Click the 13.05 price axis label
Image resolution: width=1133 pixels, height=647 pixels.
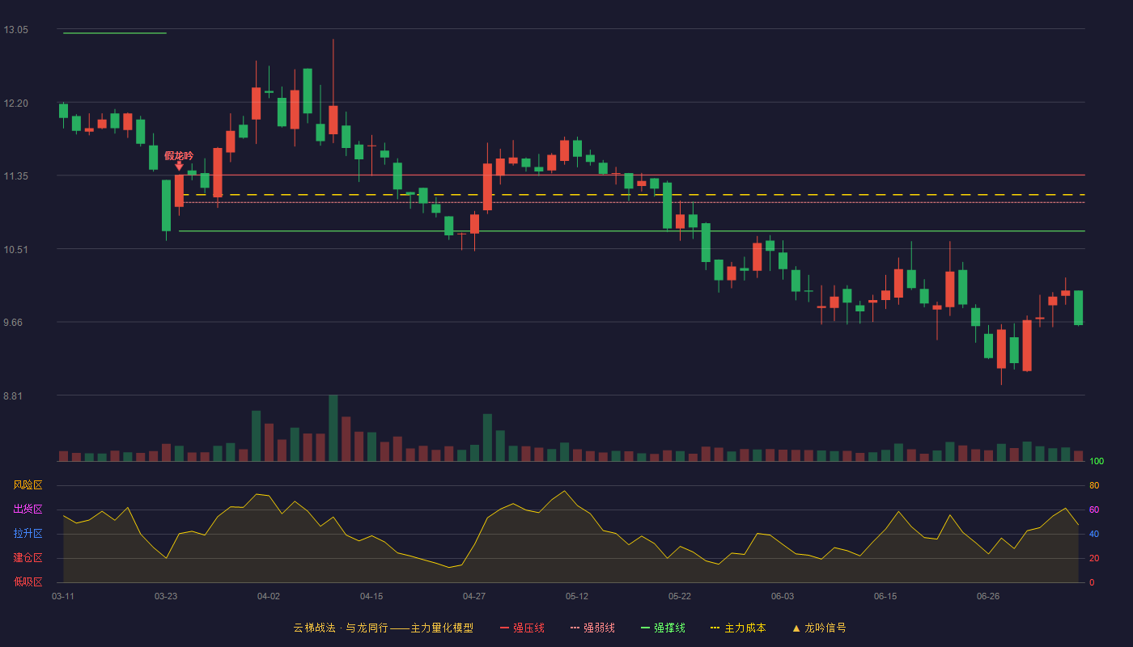pyautogui.click(x=15, y=30)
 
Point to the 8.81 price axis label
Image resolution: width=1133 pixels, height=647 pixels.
pyautogui.click(x=13, y=395)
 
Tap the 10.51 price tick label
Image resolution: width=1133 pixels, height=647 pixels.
pyautogui.click(x=15, y=250)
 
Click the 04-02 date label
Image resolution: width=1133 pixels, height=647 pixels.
pyautogui.click(x=268, y=597)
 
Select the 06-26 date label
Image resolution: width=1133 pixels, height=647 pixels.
pyautogui.click(x=988, y=597)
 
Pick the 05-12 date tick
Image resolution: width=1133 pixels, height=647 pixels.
pyautogui.click(x=576, y=597)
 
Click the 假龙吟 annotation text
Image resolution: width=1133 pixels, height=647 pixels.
pyautogui.click(x=179, y=155)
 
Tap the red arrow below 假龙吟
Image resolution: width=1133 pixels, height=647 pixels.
pyautogui.click(x=179, y=167)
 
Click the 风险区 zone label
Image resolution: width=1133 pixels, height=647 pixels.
pyautogui.click(x=28, y=485)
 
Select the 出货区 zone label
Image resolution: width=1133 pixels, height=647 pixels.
pyautogui.click(x=28, y=509)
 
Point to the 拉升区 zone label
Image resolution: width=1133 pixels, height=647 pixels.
pyautogui.click(x=28, y=533)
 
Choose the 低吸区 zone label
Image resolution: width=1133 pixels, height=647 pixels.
pyautogui.click(x=28, y=581)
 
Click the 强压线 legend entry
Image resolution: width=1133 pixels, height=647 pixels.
pyautogui.click(x=522, y=628)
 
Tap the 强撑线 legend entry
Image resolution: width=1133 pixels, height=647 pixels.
pyautogui.click(x=663, y=628)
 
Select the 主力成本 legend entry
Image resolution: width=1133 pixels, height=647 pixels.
pyautogui.click(x=738, y=628)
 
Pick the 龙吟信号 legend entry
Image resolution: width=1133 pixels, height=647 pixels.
pyautogui.click(x=819, y=628)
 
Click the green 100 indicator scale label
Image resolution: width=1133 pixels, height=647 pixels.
pyautogui.click(x=1097, y=461)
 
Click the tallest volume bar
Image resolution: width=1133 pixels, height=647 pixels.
pyautogui.click(x=333, y=428)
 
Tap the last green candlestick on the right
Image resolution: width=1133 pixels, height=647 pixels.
pyautogui.click(x=1078, y=308)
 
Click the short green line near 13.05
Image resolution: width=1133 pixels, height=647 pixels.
pyautogui.click(x=115, y=33)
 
